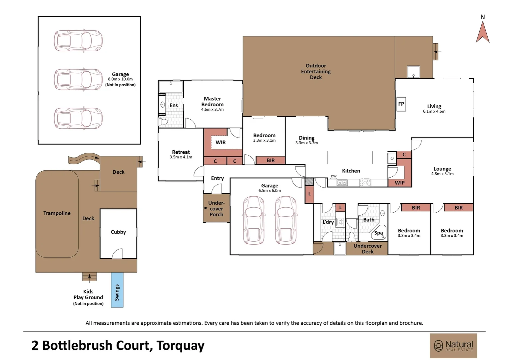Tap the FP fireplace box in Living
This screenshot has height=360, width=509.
click(401, 104)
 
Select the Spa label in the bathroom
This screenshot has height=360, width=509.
click(378, 233)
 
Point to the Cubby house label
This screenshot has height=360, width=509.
click(118, 232)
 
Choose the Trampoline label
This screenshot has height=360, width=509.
click(57, 213)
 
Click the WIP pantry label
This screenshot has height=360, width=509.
click(400, 183)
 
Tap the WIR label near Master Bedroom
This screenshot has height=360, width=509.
click(221, 142)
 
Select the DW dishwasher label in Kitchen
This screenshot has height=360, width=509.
click(333, 176)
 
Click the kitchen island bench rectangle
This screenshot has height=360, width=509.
click(350, 158)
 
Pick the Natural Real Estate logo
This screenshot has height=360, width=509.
click(453, 346)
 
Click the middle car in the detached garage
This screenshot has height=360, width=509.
click(78, 80)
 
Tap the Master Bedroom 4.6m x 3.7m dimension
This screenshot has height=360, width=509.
click(212, 110)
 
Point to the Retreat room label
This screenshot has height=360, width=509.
click(181, 152)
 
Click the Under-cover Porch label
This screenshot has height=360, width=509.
click(217, 209)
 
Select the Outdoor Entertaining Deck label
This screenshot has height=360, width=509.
click(316, 71)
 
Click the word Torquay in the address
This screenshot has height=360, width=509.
click(180, 346)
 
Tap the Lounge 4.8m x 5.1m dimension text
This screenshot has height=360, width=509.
click(442, 174)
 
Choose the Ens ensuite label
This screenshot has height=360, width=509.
click(174, 105)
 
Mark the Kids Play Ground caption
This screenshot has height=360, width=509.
click(88, 295)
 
